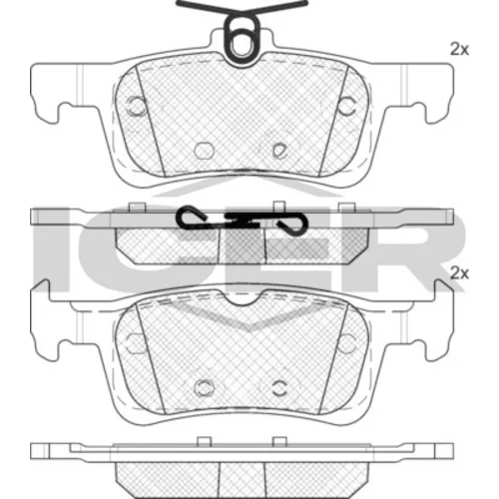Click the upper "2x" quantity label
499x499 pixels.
(459, 50)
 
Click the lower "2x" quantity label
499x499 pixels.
(459, 273)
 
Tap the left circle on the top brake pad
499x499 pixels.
(137, 106)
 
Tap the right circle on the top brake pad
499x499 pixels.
(346, 106)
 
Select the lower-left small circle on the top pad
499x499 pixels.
(204, 151)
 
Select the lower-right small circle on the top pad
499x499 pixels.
(279, 151)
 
